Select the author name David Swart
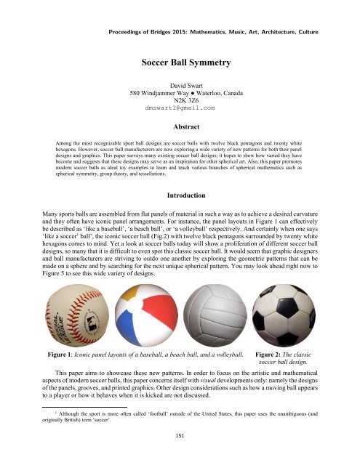pos(179,85)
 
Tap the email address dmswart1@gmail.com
pos(180,107)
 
